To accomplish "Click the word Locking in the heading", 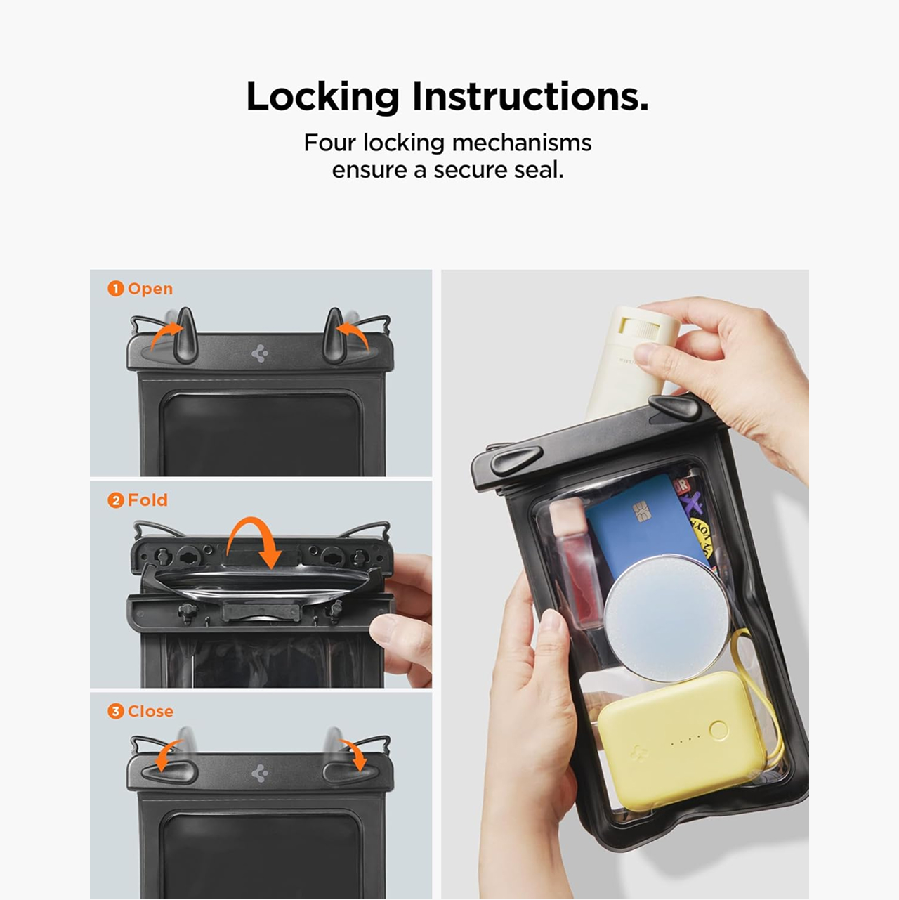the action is pyautogui.click(x=322, y=97).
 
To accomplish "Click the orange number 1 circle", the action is pyautogui.click(x=115, y=289).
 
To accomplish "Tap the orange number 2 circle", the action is pyautogui.click(x=115, y=500).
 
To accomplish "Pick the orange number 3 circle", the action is pyautogui.click(x=115, y=711).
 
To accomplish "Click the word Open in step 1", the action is pyautogui.click(x=150, y=289).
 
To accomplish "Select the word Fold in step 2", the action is pyautogui.click(x=147, y=500).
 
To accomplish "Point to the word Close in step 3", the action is pyautogui.click(x=150, y=711).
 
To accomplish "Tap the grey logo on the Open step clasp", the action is pyautogui.click(x=260, y=353).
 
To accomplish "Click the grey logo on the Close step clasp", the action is pyautogui.click(x=260, y=774).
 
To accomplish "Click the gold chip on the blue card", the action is pyautogui.click(x=642, y=511).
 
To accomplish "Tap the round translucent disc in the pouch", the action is pyautogui.click(x=667, y=620).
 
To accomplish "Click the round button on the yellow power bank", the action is pyautogui.click(x=718, y=730).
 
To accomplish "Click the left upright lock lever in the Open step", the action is pyautogui.click(x=185, y=335).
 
